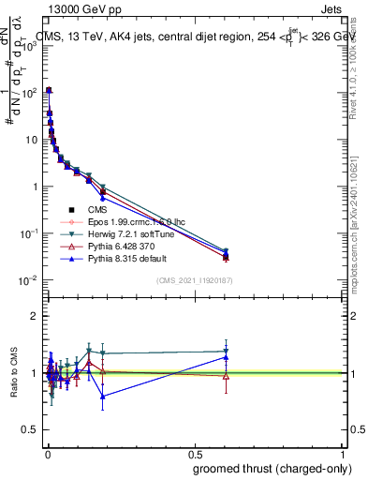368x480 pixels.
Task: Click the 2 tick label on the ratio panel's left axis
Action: click(x=34, y=316)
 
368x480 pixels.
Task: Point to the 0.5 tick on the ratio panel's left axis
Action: click(x=30, y=430)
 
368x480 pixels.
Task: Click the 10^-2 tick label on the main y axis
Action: click(x=27, y=280)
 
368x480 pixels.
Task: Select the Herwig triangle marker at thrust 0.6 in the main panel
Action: click(x=225, y=250)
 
